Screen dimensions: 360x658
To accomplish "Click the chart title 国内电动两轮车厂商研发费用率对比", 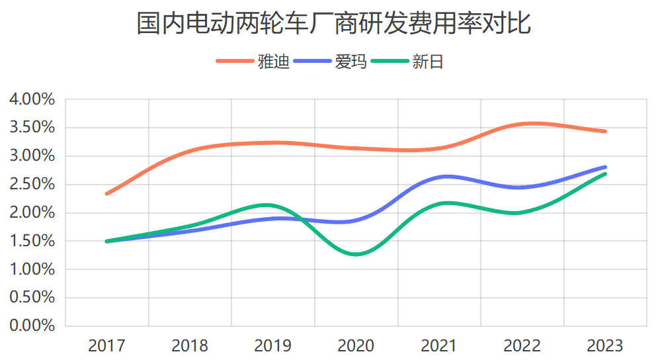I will click(x=333, y=24).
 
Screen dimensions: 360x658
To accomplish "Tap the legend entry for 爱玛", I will click(x=350, y=62).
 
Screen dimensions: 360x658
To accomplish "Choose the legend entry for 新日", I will click(x=427, y=62).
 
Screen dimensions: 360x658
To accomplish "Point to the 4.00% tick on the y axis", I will click(x=32, y=100).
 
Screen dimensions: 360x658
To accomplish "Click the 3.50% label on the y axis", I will click(x=32, y=128).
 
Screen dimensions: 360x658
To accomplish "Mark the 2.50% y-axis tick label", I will click(x=32, y=185).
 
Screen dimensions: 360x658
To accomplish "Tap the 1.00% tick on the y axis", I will click(x=32, y=269).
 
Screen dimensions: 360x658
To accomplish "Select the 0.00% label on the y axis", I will click(x=32, y=326).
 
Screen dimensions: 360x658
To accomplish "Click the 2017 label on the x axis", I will click(x=106, y=345).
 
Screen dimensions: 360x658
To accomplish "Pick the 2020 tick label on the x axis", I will click(x=356, y=345).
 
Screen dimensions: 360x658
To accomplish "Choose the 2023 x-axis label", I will click(x=605, y=345).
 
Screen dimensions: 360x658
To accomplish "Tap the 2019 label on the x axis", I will click(x=272, y=345).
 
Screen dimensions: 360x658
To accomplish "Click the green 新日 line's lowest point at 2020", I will click(x=356, y=254).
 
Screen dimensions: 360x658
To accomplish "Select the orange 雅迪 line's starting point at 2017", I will click(x=107, y=194).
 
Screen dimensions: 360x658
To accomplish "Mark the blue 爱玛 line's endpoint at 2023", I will click(x=605, y=167).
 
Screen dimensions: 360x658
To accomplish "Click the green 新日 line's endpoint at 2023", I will click(x=605, y=173).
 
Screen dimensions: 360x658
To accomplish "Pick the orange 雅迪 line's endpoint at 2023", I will click(x=605, y=131).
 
